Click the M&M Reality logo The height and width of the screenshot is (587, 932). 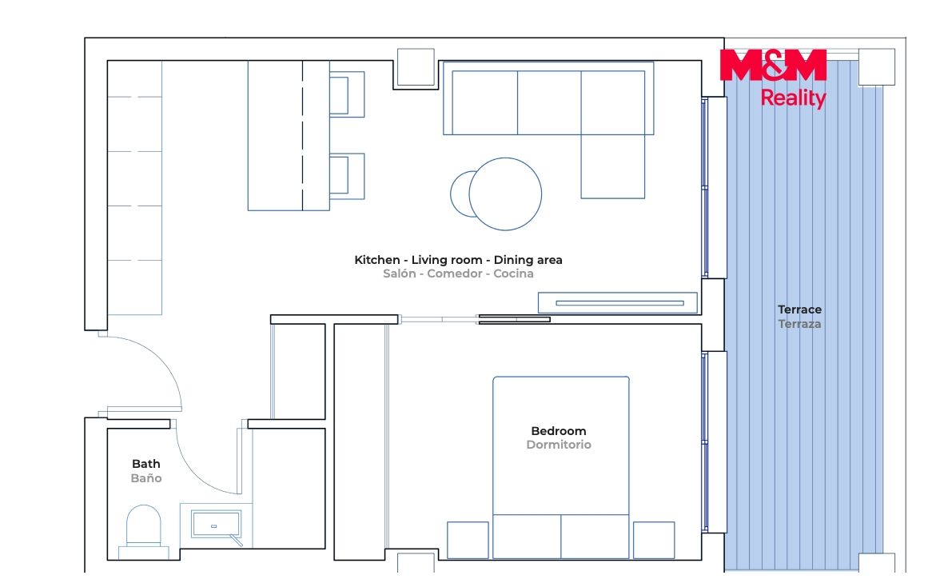point(773,79)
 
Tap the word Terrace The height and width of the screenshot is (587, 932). point(799,309)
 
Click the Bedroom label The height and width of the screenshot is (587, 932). point(558,430)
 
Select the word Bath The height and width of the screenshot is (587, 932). point(146,463)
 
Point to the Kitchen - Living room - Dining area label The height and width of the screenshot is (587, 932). point(458,259)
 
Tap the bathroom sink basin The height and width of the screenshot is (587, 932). point(216,525)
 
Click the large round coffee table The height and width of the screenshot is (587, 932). point(505,194)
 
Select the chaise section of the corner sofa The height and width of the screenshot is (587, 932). point(613,166)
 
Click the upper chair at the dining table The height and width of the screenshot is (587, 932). point(347,94)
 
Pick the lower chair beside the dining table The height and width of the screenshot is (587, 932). point(347,176)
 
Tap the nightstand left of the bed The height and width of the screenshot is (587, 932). point(468,540)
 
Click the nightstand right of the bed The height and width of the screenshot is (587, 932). point(654,540)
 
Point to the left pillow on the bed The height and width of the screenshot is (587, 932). point(527,537)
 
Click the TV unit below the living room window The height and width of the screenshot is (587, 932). point(618,303)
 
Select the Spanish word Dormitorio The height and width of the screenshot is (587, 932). point(559,445)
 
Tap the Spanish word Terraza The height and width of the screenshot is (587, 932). point(799,324)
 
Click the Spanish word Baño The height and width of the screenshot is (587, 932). point(146,478)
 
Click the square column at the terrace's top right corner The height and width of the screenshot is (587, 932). point(877,67)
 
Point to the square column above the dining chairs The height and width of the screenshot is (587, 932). point(416,67)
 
